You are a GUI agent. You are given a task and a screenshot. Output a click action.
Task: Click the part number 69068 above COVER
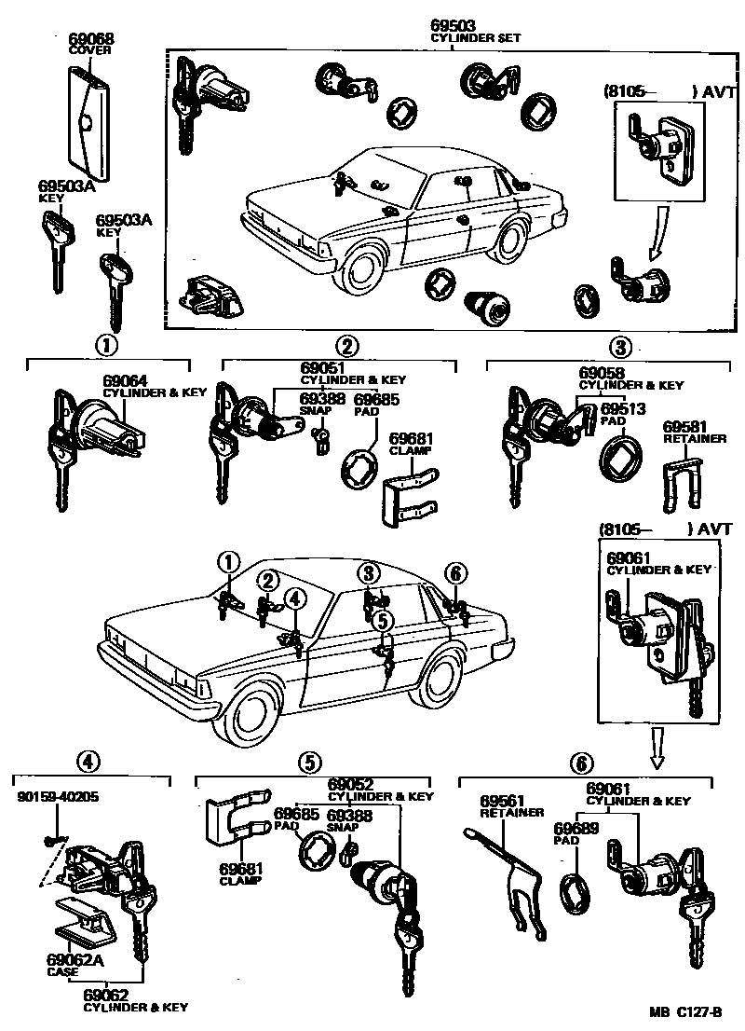click(90, 39)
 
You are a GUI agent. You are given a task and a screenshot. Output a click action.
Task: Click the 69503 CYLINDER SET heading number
click(454, 26)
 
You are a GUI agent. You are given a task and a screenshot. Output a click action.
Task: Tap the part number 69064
click(125, 381)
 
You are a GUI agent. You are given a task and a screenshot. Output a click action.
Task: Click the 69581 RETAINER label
click(695, 432)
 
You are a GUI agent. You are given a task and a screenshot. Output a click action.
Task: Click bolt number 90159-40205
click(58, 797)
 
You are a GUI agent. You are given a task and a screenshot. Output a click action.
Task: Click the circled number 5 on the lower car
click(383, 621)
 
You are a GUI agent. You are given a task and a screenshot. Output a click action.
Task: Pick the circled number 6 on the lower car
click(455, 573)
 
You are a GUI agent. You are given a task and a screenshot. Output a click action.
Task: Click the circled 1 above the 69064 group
click(106, 345)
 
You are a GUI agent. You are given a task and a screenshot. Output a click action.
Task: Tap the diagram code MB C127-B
click(686, 1011)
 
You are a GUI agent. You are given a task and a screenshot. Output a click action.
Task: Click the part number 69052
click(351, 784)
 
